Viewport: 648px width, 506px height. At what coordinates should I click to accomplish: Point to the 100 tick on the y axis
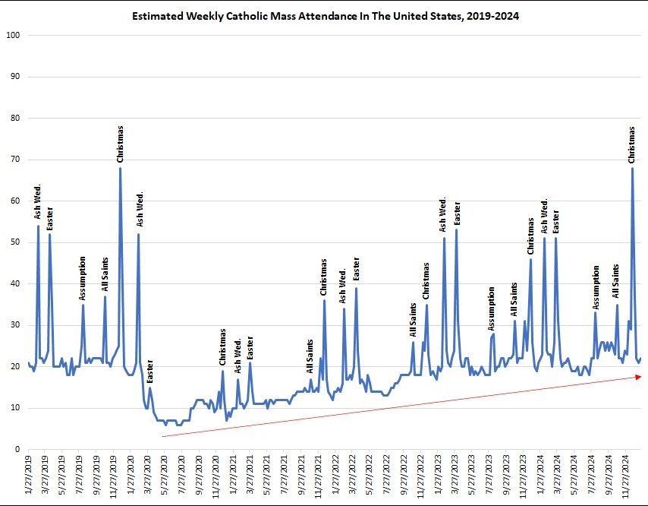pyautogui.click(x=12, y=36)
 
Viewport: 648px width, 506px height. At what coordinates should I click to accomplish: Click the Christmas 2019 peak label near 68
pyautogui.click(x=120, y=144)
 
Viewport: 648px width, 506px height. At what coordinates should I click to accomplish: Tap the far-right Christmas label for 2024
pyautogui.click(x=632, y=144)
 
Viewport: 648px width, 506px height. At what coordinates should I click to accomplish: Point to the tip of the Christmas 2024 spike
pyautogui.click(x=632, y=168)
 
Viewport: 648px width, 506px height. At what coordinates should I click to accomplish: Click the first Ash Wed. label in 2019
pyautogui.click(x=38, y=202)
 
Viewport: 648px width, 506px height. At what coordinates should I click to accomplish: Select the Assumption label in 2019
pyautogui.click(x=83, y=278)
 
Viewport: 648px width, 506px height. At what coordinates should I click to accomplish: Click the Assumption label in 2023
pyautogui.click(x=492, y=308)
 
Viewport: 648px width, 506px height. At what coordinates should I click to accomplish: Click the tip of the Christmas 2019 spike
pyautogui.click(x=120, y=168)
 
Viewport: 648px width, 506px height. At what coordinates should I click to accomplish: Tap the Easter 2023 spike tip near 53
pyautogui.click(x=456, y=229)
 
